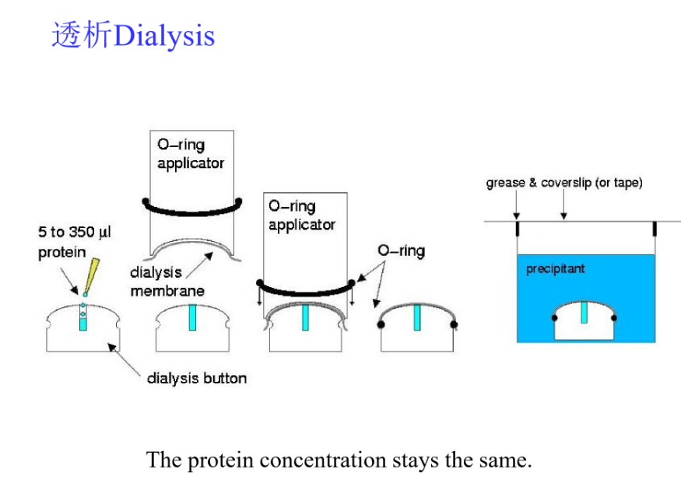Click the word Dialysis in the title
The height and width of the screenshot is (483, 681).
pos(163,36)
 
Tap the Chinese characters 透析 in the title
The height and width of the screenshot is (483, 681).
pos(82,36)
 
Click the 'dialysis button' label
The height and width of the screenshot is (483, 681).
pos(196,379)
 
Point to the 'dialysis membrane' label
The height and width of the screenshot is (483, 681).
pos(167,282)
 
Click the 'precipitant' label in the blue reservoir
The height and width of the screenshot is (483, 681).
pos(555,269)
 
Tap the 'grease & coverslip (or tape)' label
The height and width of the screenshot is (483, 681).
pos(564,184)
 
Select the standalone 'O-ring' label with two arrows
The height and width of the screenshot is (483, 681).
pos(401,251)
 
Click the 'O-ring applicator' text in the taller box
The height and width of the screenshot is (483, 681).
pos(190,154)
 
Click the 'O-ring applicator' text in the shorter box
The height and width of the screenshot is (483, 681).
pos(301,215)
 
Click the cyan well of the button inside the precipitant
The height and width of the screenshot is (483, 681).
pos(584,311)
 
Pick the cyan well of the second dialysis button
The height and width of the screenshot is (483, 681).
pos(192,318)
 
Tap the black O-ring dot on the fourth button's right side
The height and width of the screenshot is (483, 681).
pos(454,324)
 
